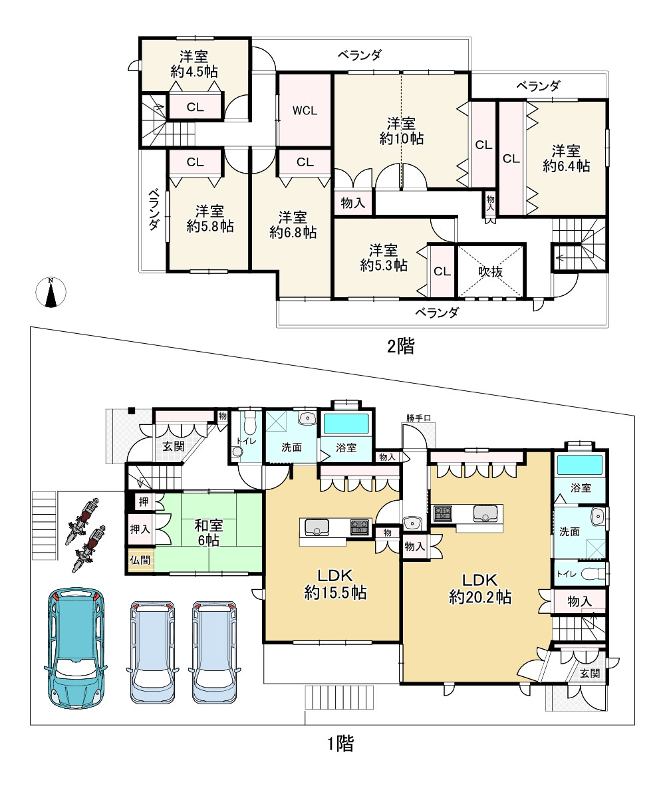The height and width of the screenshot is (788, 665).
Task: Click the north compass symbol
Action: (x=51, y=292)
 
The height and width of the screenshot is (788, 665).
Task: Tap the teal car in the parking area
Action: (x=76, y=648)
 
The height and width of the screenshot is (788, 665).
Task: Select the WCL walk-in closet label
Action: (x=305, y=110)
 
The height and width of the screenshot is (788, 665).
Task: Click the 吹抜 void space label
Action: (x=490, y=272)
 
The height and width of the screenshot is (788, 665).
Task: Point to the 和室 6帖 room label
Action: (x=209, y=533)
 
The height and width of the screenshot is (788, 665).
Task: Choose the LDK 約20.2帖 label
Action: (x=480, y=589)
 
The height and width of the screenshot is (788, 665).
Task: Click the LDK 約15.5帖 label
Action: (x=335, y=584)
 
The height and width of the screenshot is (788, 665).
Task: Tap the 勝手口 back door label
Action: (x=419, y=418)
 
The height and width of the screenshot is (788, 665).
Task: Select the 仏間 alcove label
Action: (x=140, y=560)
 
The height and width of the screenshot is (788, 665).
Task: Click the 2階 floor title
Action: (x=400, y=346)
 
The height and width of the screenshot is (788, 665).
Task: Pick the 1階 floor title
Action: (x=340, y=743)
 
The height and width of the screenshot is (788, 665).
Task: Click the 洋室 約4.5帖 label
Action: (x=194, y=64)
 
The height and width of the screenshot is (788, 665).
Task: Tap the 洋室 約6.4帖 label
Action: (x=566, y=158)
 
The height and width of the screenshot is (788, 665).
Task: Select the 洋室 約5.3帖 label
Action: (x=384, y=257)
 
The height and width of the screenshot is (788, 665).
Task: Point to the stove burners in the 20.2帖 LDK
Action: (x=442, y=513)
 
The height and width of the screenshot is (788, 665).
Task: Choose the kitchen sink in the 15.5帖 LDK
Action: (x=316, y=527)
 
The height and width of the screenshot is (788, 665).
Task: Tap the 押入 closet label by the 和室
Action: (x=140, y=529)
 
